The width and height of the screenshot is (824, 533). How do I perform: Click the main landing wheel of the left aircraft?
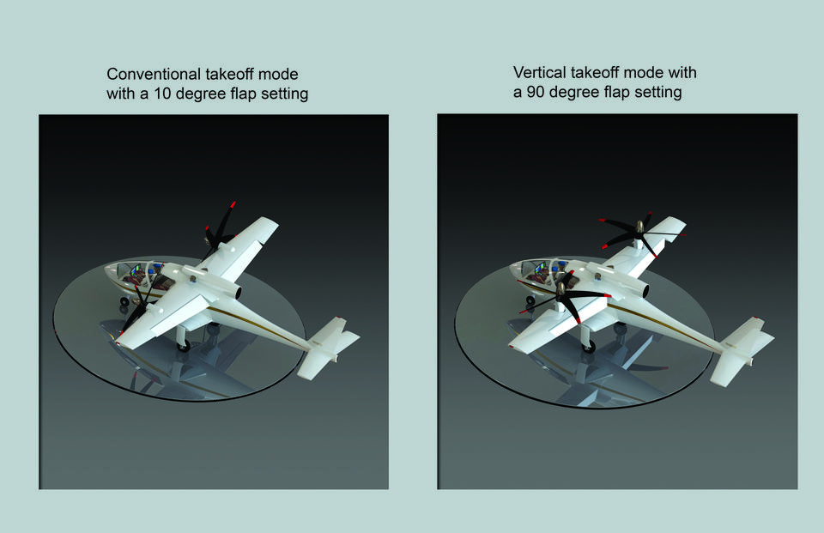[x=184, y=343]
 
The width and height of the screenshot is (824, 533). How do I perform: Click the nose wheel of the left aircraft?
[x=124, y=303]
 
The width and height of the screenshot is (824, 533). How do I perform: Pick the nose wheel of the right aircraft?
[x=525, y=302]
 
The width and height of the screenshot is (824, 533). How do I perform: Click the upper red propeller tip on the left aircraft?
[x=233, y=205]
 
